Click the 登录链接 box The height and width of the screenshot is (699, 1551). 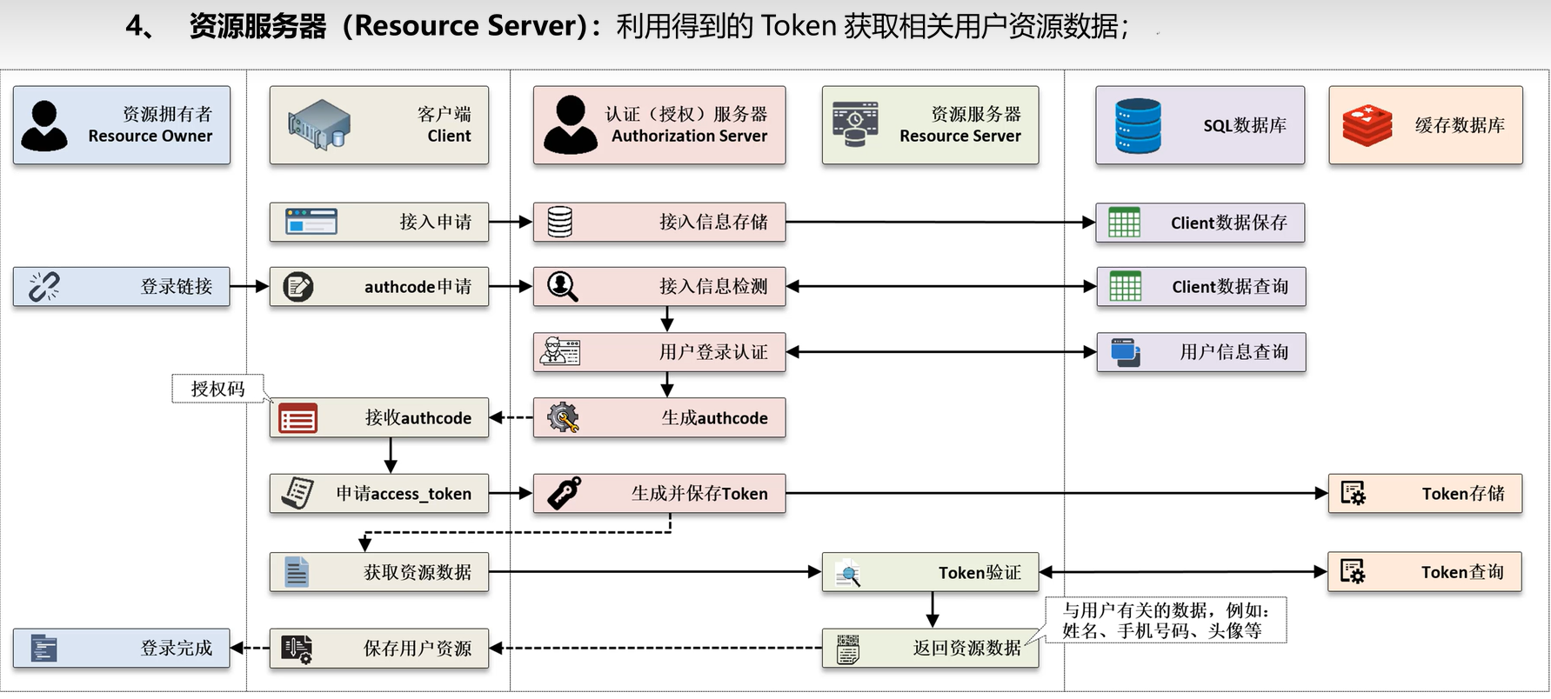click(x=122, y=286)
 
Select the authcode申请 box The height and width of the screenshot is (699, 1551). click(x=378, y=286)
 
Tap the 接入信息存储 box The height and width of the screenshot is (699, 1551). click(x=659, y=222)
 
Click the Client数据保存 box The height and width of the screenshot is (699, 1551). click(x=1200, y=223)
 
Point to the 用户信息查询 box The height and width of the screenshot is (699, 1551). click(x=1200, y=352)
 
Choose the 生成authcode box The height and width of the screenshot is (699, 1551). click(x=659, y=417)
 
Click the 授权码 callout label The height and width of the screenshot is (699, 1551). click(x=217, y=389)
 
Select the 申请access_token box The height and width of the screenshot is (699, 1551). click(x=378, y=493)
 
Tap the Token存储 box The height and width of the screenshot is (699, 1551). click(x=1425, y=493)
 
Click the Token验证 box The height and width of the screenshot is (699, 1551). click(x=930, y=572)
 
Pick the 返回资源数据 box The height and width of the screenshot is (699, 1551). click(x=930, y=648)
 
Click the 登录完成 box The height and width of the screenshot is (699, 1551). click(x=122, y=648)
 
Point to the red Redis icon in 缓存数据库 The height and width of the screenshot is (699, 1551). click(x=1367, y=125)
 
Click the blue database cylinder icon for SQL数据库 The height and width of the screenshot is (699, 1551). click(x=1138, y=125)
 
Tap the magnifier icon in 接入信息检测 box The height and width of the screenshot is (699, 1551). click(x=562, y=286)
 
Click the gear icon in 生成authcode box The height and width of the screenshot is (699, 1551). click(x=563, y=417)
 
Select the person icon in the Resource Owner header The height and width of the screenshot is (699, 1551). click(x=43, y=125)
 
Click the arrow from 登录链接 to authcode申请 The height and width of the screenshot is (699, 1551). click(x=250, y=286)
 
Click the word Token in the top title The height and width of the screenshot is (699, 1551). click(x=798, y=26)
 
